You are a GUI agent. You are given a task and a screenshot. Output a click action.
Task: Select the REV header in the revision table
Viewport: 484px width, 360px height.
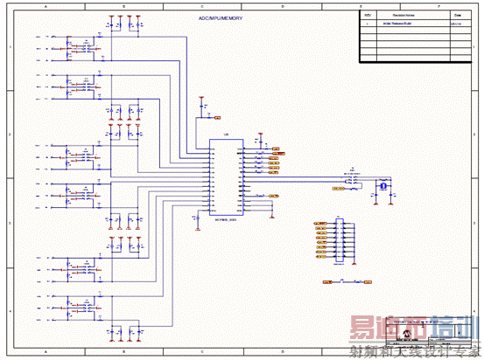pos(368,16)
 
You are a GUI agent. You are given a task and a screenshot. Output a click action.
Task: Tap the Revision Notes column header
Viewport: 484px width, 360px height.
pos(403,16)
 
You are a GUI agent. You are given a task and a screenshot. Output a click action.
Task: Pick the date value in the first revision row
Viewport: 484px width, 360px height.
pos(455,24)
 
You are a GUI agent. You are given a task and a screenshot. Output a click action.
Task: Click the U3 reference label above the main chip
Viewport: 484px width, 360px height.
pos(227,135)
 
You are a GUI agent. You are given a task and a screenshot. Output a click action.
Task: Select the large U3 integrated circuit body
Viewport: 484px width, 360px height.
pos(227,178)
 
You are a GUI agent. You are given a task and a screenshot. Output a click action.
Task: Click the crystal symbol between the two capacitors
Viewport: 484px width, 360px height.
pos(382,185)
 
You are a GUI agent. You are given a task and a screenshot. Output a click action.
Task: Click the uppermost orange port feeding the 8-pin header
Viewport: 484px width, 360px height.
pos(319,225)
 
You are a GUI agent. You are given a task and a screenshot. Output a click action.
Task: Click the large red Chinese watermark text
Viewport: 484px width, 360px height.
pos(410,331)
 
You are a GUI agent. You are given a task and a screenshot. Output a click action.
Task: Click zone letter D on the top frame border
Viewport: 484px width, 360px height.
pos(282,6)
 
